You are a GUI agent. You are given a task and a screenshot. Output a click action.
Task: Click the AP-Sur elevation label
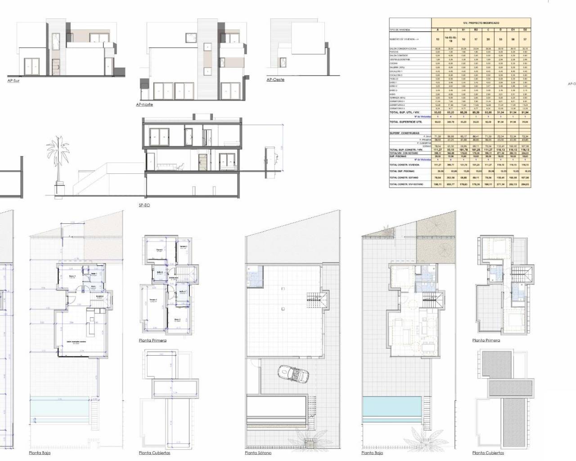pyautogui.click(x=13, y=81)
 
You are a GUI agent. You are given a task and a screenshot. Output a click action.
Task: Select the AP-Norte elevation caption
pyautogui.click(x=144, y=104)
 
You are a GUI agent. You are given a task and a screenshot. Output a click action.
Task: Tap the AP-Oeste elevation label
pyautogui.click(x=274, y=80)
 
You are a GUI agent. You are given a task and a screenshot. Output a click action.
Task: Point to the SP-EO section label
pyautogui.click(x=144, y=205)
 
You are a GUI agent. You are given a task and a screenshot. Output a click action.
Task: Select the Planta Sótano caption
pyautogui.click(x=258, y=453)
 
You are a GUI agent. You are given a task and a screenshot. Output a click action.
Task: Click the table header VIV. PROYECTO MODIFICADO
pyautogui.click(x=481, y=23)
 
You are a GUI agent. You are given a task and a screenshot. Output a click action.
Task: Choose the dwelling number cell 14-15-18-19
pyautogui.click(x=450, y=39)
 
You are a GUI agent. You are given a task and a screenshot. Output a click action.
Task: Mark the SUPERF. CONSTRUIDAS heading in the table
pyautogui.click(x=404, y=133)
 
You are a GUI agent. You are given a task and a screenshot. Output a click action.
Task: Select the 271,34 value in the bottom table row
pyautogui.click(x=500, y=185)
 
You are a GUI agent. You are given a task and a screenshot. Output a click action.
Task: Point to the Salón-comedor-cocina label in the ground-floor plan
pyautogui.click(x=76, y=342)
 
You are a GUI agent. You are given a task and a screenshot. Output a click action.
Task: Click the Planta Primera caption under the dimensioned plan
pyautogui.click(x=153, y=340)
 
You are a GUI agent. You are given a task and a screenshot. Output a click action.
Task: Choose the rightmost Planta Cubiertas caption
pyautogui.click(x=488, y=453)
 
